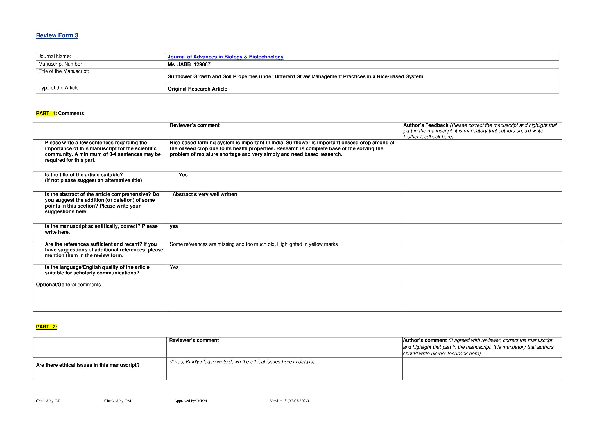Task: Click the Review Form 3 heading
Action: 57,35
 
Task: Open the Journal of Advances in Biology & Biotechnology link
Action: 225,57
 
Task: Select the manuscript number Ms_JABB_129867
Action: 189,64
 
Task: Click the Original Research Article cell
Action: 197,89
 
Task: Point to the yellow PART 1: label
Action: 46,113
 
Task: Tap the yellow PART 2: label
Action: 46,327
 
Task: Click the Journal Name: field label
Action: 55,57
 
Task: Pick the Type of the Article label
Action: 58,88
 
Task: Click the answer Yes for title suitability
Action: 183,175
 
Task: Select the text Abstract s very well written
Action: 205,194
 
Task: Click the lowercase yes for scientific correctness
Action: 174,226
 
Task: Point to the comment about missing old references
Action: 254,244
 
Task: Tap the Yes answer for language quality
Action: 174,267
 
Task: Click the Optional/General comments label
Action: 68,285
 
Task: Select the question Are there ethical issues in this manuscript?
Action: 88,365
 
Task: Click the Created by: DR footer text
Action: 48,401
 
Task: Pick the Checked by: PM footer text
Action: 117,401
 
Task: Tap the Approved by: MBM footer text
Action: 191,401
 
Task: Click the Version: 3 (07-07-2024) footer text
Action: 289,401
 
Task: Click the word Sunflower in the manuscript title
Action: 180,76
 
